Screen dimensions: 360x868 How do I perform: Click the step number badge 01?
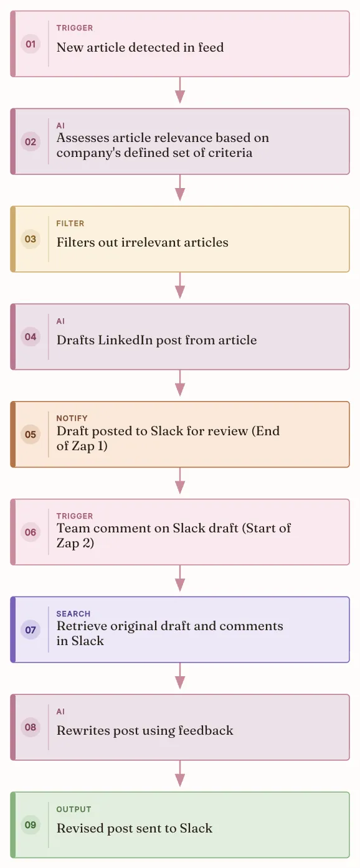(31, 44)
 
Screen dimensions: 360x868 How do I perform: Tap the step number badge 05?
(31, 435)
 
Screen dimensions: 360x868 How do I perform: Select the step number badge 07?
(31, 630)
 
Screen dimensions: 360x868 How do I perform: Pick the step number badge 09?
(31, 825)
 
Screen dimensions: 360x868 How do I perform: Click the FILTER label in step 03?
(70, 223)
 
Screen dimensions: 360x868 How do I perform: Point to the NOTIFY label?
(72, 418)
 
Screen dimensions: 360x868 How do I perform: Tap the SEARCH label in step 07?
(73, 613)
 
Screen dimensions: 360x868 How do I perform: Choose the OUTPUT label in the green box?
(74, 809)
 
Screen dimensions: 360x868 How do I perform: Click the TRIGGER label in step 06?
(75, 516)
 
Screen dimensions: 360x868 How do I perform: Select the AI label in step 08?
(60, 712)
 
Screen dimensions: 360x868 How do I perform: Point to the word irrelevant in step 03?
(150, 242)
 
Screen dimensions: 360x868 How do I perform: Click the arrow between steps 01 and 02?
(180, 90)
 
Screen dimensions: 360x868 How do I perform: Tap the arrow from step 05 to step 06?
(180, 481)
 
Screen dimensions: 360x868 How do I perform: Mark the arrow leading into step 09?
(180, 773)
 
